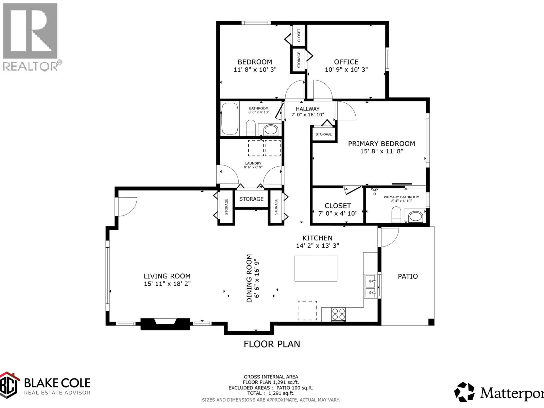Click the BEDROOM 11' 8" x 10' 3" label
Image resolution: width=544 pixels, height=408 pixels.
point(255,66)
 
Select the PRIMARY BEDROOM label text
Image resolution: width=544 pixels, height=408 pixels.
point(381,143)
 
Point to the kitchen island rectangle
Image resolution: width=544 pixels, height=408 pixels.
point(316,269)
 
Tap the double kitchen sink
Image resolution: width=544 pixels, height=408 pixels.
point(371,286)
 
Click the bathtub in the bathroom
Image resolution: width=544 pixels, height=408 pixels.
point(230,119)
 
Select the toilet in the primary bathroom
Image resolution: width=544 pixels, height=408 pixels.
point(396,215)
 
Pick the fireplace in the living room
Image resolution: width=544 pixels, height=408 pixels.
point(165,324)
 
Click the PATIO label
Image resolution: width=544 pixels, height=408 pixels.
point(408,276)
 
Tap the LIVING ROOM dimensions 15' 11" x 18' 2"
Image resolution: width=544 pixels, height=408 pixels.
point(167,284)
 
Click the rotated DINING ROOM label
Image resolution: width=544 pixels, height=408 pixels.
point(253,278)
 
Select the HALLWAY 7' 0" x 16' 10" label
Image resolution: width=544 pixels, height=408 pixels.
point(307,112)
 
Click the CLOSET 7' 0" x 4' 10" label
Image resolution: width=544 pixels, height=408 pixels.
point(338,209)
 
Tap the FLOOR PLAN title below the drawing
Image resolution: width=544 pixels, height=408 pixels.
point(272,344)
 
